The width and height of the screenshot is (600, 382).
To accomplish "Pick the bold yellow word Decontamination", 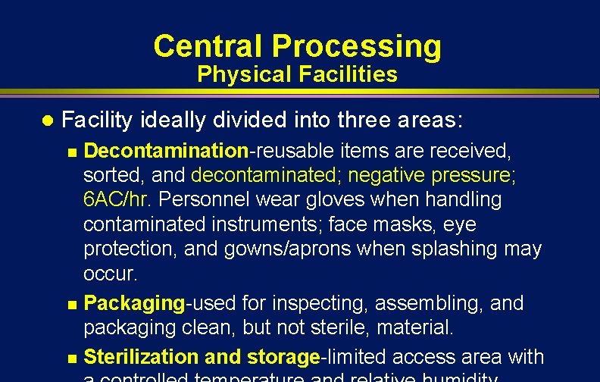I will [x=166, y=151].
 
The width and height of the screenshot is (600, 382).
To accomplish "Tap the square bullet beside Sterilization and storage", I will [x=72, y=357].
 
